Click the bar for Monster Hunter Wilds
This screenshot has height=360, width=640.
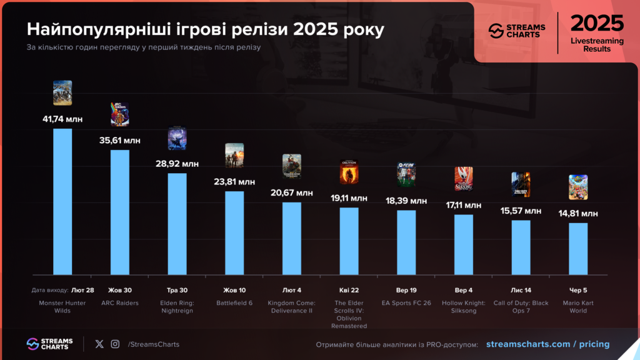pos(62,201)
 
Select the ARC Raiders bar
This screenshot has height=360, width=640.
pos(120,212)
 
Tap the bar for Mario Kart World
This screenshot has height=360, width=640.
pos(578,248)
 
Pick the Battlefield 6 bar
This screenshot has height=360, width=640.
pos(234,232)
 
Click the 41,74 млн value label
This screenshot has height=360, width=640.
pos(62,119)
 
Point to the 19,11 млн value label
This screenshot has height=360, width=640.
pos(349,197)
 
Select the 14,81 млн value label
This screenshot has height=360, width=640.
pos(578,213)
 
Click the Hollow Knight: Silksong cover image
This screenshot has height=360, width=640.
pos(463,179)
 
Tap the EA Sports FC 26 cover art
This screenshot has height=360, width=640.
pos(406,174)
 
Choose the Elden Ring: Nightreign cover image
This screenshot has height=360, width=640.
pos(177,138)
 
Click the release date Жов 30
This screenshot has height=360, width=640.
pos(120,290)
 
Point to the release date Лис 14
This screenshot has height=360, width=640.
pos(521,290)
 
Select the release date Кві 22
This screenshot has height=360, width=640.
pos(349,290)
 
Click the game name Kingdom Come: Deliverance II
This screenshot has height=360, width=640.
pos(292,307)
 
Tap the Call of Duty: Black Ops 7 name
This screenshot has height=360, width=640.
pos(521,307)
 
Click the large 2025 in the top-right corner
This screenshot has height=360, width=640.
pos(597,23)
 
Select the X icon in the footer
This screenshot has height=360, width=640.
pos(99,344)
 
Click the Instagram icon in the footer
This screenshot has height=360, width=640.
pos(115,344)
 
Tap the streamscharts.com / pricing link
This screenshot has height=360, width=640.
pos(547,344)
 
